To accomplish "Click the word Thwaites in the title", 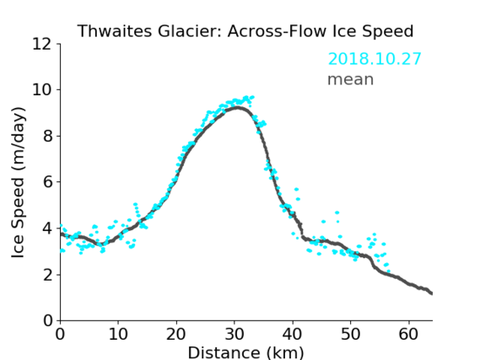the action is (115, 31).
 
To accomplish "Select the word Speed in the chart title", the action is (388, 32).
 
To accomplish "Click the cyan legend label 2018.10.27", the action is (375, 59).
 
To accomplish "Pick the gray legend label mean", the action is (351, 79).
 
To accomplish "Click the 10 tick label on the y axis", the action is (42, 90).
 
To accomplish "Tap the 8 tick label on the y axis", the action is (47, 136).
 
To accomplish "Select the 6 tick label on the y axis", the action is (47, 182).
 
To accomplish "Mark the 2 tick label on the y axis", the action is (47, 275).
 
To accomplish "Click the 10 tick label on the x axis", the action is (118, 334).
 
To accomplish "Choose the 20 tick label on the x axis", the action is (176, 334).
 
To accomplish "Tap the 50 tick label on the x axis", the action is (351, 334).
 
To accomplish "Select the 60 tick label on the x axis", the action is (408, 334).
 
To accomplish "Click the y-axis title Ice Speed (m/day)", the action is (18, 182).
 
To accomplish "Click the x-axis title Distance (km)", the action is (245, 353).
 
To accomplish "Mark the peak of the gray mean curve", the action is (238, 107).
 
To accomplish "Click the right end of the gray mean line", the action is (432, 293).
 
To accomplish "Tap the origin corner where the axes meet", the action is (60, 320).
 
